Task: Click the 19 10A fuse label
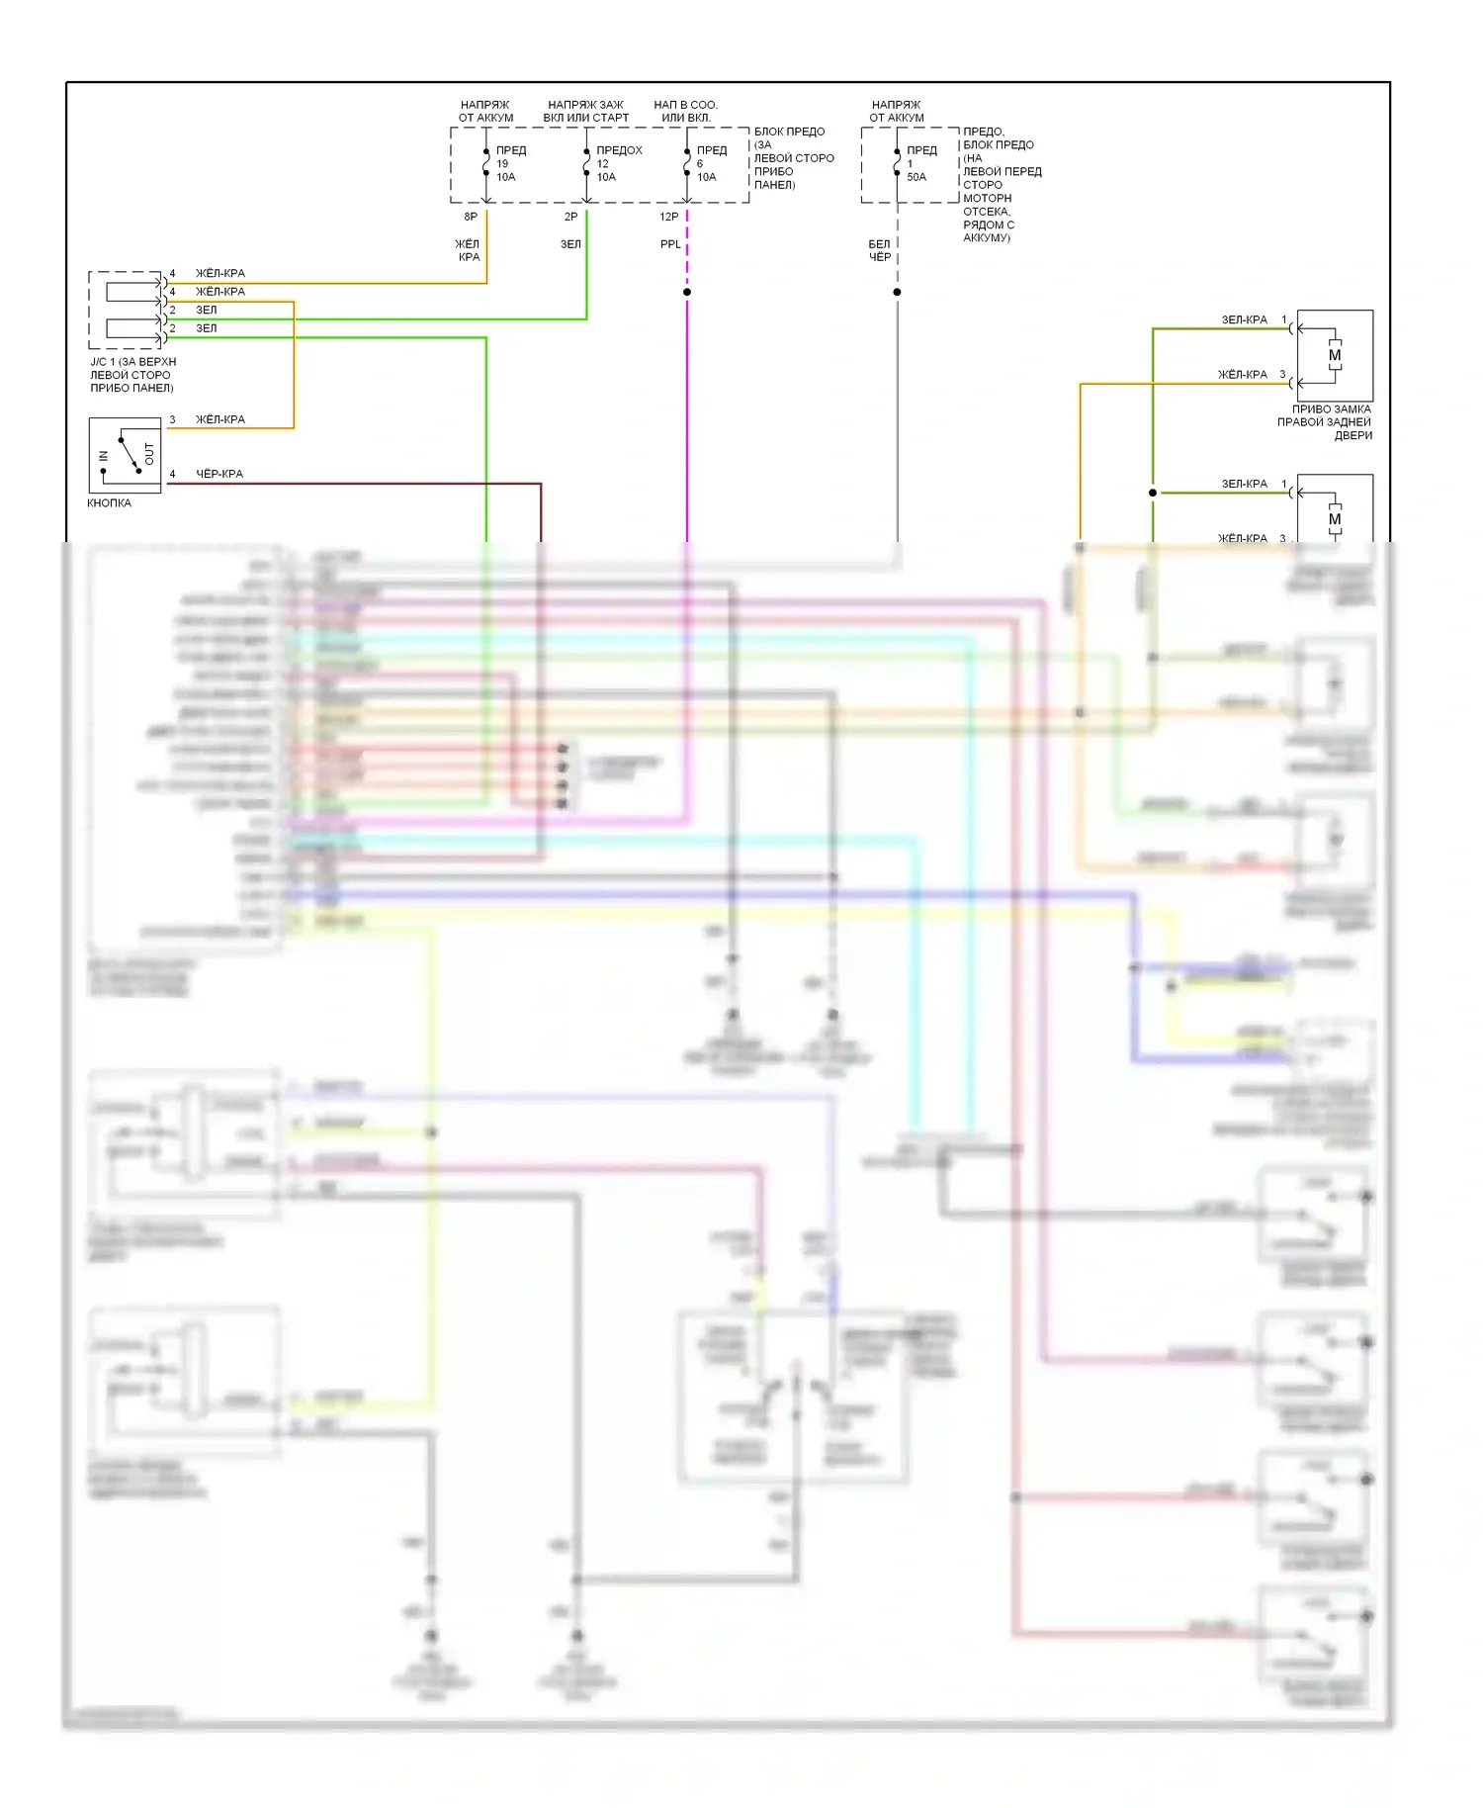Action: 505,170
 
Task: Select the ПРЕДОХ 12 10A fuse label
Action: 618,163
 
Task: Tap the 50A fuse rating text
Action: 916,177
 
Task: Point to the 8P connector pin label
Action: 471,217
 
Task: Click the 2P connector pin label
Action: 570,217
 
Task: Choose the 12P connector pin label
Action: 669,217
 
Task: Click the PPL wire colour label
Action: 670,244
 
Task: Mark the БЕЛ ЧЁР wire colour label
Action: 880,250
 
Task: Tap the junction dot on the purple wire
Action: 687,292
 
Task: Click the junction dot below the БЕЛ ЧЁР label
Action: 897,292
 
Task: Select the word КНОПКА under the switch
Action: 109,503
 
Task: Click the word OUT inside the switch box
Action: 149,454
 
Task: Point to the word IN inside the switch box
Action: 104,456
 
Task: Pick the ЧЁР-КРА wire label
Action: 219,474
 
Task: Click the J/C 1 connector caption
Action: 132,375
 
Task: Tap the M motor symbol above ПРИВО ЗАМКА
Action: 1335,355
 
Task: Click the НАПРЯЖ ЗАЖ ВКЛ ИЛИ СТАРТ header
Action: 585,111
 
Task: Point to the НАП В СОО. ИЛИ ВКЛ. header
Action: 685,111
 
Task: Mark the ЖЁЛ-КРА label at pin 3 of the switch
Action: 220,419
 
